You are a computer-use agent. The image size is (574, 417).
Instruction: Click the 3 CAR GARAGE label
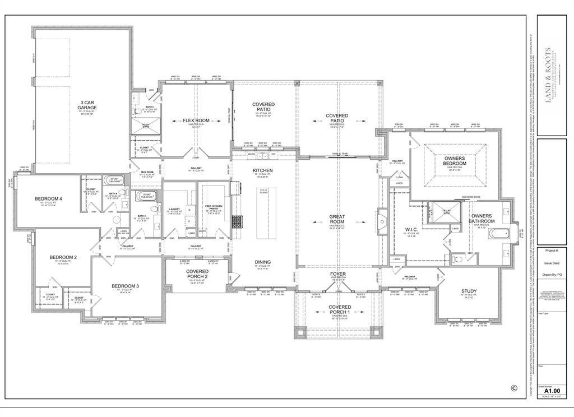tap(87, 105)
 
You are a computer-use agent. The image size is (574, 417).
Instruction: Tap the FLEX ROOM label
tap(196, 121)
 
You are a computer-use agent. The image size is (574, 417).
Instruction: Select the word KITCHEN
tap(262, 170)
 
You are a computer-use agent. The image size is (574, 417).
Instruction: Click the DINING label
tap(262, 262)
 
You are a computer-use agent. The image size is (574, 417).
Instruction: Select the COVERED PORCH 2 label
tap(197, 274)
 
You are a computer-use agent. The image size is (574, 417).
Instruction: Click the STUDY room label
tap(469, 291)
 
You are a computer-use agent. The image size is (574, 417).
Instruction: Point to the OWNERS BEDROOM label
tap(455, 161)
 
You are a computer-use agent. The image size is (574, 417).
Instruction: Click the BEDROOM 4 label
tap(48, 199)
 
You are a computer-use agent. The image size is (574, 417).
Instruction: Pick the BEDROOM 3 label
tap(125, 286)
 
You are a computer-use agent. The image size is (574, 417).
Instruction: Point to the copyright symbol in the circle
tap(513, 387)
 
